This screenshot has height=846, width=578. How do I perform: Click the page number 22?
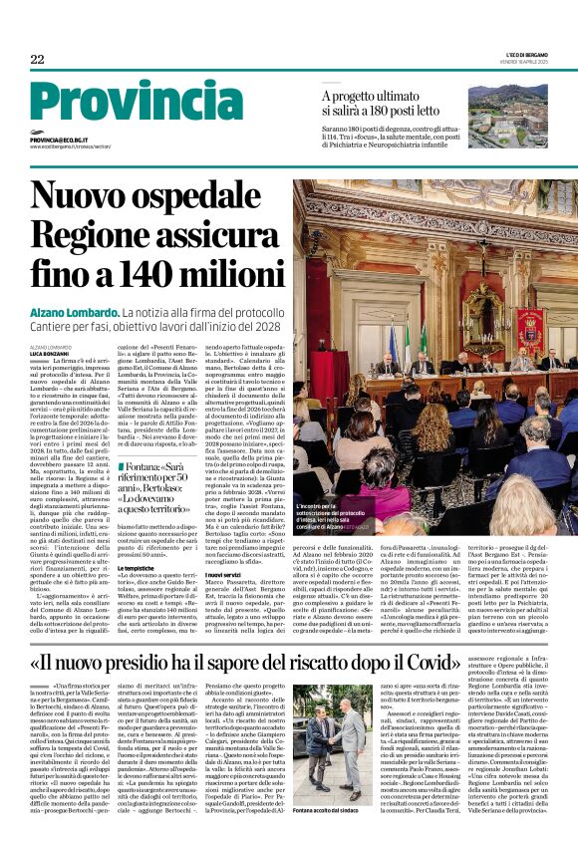[38, 60]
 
